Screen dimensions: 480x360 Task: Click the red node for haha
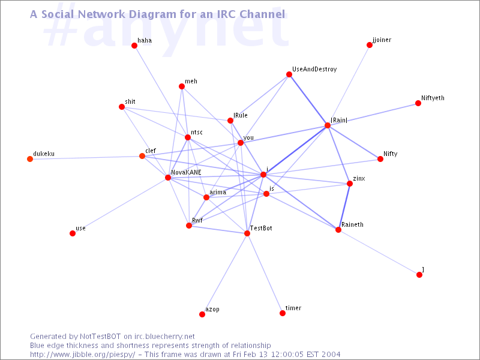pos(134,46)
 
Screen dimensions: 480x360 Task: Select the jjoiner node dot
pos(370,45)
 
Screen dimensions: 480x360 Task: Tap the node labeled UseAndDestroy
pos(289,74)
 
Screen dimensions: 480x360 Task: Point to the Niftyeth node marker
pos(418,103)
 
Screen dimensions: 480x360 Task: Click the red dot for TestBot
pos(247,233)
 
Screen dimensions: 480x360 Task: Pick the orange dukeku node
pos(30,159)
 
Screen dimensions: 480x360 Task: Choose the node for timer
pos(283,313)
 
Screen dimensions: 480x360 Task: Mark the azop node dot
pos(202,314)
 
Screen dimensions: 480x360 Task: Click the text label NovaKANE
pos(186,172)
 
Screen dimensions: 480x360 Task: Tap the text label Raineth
pos(352,224)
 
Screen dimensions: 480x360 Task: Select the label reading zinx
pos(359,178)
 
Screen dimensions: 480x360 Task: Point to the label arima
pos(218,192)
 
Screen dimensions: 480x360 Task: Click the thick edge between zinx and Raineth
pos(344,206)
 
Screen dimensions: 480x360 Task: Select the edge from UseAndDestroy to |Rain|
pos(308,100)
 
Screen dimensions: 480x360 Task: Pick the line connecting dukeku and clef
pos(86,157)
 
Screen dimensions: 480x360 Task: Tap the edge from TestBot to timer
pos(265,273)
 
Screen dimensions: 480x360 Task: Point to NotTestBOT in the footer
pos(100,337)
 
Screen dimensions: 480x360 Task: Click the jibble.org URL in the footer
pos(82,355)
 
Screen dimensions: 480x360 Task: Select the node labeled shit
pos(122,107)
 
